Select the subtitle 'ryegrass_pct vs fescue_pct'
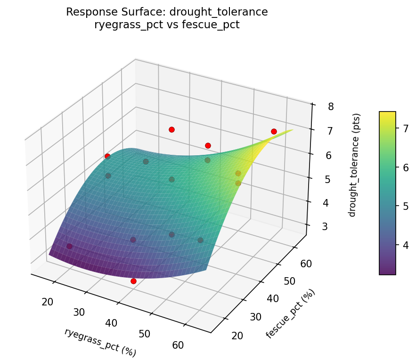click(x=167, y=25)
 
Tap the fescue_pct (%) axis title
click(x=290, y=314)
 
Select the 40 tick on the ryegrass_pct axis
click(x=112, y=323)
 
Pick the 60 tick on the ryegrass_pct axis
click(x=178, y=345)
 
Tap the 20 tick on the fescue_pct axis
click(x=237, y=336)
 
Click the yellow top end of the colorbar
click(x=387, y=113)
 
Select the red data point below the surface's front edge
click(x=133, y=281)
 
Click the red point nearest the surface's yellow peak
click(x=274, y=131)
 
